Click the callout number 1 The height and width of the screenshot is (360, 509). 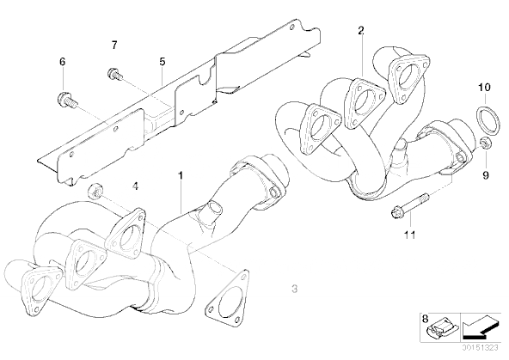click(181, 176)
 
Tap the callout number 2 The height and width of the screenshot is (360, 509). click(361, 31)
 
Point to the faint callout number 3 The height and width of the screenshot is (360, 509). click(294, 289)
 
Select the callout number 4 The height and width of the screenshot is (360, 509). click(135, 186)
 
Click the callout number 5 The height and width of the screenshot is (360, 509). click(163, 61)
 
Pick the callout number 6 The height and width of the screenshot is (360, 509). click(62, 61)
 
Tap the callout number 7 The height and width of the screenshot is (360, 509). click(114, 45)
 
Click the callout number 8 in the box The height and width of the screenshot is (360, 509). click(426, 319)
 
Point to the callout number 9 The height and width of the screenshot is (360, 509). click(486, 175)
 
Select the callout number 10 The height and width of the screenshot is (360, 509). click(484, 88)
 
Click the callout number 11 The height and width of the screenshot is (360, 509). click(410, 235)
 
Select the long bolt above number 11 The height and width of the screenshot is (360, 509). click(409, 206)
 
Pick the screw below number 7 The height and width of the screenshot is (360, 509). click(115, 74)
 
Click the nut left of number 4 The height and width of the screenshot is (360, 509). click(95, 191)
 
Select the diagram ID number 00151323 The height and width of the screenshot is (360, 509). click(480, 348)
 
